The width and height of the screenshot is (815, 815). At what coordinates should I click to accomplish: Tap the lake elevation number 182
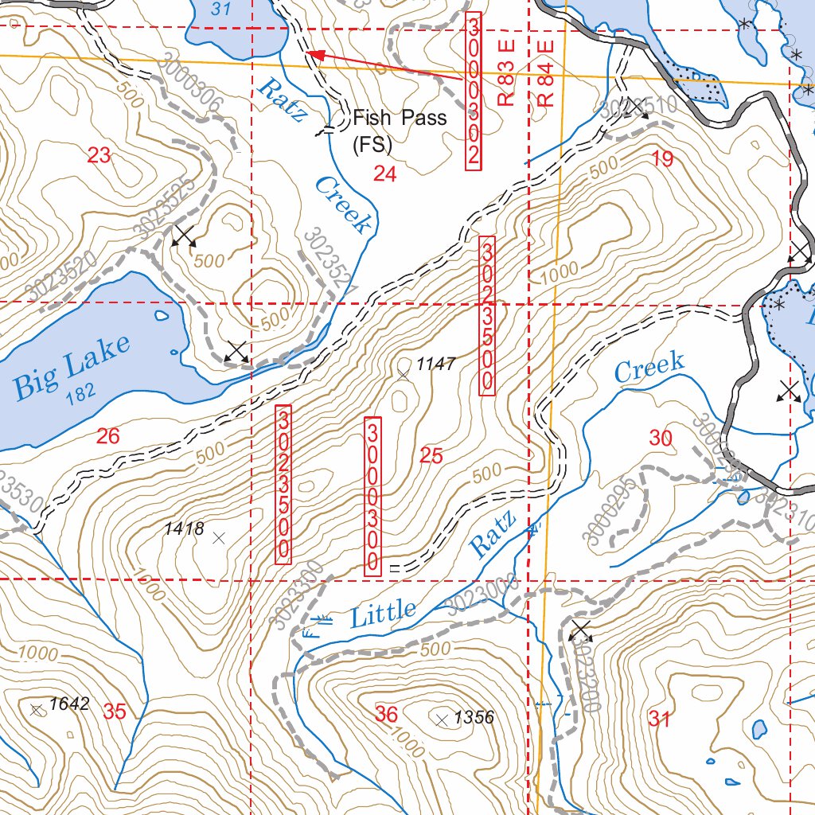tap(81, 396)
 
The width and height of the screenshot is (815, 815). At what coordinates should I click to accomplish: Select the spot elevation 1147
tap(435, 365)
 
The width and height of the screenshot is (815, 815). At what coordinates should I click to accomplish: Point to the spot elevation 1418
tap(184, 528)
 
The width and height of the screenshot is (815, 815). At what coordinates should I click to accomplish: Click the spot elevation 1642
tap(68, 704)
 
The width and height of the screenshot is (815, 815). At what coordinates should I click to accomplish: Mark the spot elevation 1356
tap(474, 717)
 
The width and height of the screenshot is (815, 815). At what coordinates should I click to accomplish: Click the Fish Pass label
tap(400, 119)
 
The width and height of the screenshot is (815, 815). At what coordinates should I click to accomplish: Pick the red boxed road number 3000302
tap(473, 92)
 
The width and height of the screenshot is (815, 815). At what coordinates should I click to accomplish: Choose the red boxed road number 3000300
tap(372, 495)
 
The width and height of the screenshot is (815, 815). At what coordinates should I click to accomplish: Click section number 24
tap(385, 174)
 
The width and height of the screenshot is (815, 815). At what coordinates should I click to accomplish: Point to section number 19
tap(662, 158)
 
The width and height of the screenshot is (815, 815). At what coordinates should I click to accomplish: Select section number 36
tap(386, 714)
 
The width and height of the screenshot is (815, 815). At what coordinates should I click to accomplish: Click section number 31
tap(659, 720)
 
